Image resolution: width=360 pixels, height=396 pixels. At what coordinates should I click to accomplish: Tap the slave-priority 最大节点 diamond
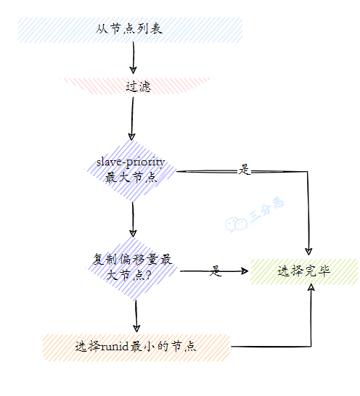coord(131,170)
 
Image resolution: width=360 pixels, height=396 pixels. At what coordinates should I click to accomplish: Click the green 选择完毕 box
coord(304,271)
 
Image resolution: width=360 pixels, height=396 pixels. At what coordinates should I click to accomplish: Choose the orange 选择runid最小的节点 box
coord(136,347)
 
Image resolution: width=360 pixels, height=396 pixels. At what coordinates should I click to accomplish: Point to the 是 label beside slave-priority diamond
coord(244,170)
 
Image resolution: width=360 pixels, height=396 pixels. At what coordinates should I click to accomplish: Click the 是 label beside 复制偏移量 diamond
coord(216,271)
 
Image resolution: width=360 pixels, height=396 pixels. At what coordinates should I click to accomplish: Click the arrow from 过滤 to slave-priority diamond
coord(132,116)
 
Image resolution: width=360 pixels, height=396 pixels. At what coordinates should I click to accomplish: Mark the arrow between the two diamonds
coord(133,218)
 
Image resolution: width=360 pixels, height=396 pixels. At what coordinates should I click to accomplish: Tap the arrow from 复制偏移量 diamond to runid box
coord(136,315)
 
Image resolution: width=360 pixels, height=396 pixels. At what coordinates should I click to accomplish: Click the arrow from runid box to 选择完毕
coord(290,347)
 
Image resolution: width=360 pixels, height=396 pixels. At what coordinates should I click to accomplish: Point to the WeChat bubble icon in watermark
coord(234,224)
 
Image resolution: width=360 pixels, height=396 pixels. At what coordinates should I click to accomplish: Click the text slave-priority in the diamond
coord(131,162)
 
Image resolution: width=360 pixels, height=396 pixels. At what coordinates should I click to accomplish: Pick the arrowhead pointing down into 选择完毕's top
coord(310,251)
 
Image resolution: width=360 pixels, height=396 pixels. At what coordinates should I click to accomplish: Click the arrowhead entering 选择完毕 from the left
coord(245,271)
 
